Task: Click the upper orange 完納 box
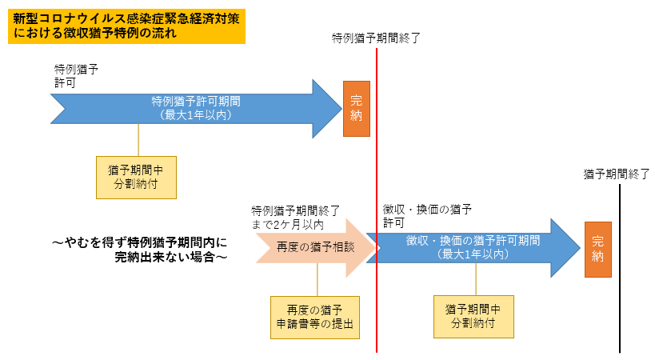click(x=357, y=107)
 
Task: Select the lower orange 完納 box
click(x=598, y=249)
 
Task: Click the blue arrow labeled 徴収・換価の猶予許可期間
click(x=472, y=247)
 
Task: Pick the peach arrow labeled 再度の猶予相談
click(x=312, y=248)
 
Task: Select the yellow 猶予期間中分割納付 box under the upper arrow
click(x=137, y=176)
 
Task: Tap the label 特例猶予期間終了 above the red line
click(x=376, y=38)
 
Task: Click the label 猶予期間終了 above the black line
click(x=616, y=174)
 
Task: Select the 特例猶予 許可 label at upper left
click(x=76, y=76)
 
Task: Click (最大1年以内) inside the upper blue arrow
click(x=196, y=115)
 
